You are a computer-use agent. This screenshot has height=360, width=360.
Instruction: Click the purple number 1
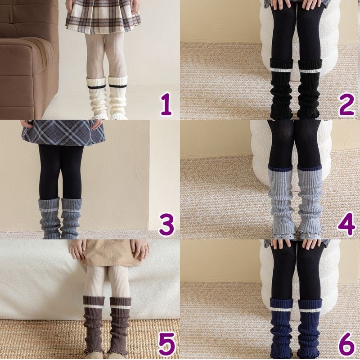point(166,104)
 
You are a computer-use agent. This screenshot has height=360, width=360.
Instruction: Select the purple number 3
point(166,224)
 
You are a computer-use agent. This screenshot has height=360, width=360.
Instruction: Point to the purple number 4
point(346,224)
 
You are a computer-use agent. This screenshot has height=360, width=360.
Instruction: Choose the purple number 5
point(167,344)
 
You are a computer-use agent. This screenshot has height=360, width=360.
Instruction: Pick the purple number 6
point(346,344)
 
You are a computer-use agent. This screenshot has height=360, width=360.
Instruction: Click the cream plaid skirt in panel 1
point(103,17)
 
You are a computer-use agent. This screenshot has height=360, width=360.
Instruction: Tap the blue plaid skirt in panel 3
point(63,133)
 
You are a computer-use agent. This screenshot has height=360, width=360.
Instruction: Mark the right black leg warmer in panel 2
point(309,88)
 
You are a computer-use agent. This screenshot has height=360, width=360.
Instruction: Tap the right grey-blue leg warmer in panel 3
point(71,218)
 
